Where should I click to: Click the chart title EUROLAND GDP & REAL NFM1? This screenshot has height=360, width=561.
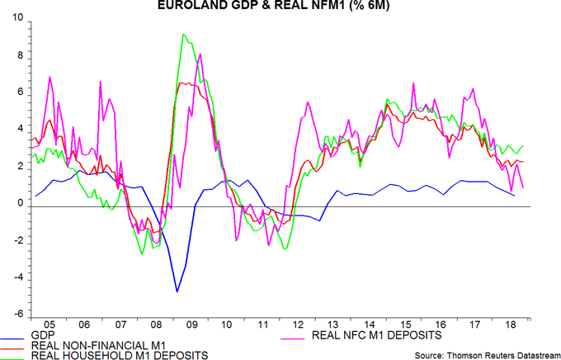click(x=280, y=6)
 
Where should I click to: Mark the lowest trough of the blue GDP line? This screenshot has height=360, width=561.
click(x=177, y=291)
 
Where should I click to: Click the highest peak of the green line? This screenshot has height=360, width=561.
click(x=183, y=35)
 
